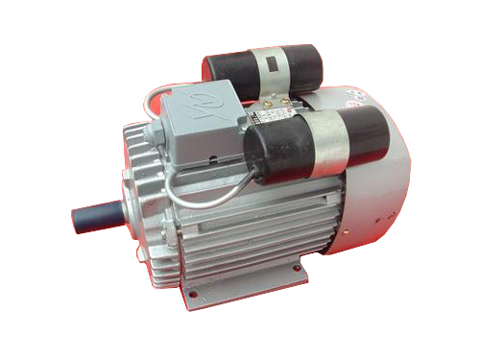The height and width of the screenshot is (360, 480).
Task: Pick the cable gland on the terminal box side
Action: click(179, 169)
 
